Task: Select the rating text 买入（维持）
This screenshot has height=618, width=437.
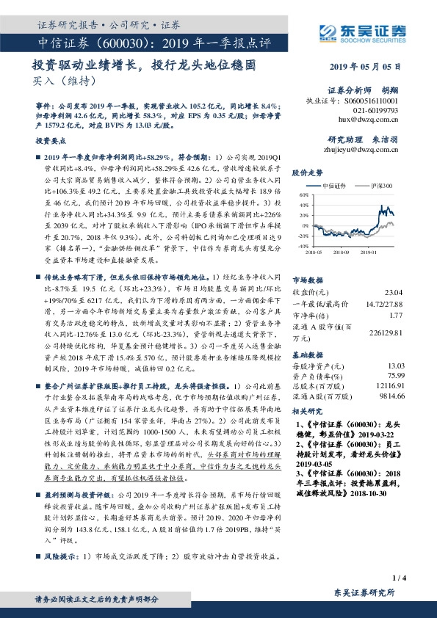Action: point(54,81)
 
